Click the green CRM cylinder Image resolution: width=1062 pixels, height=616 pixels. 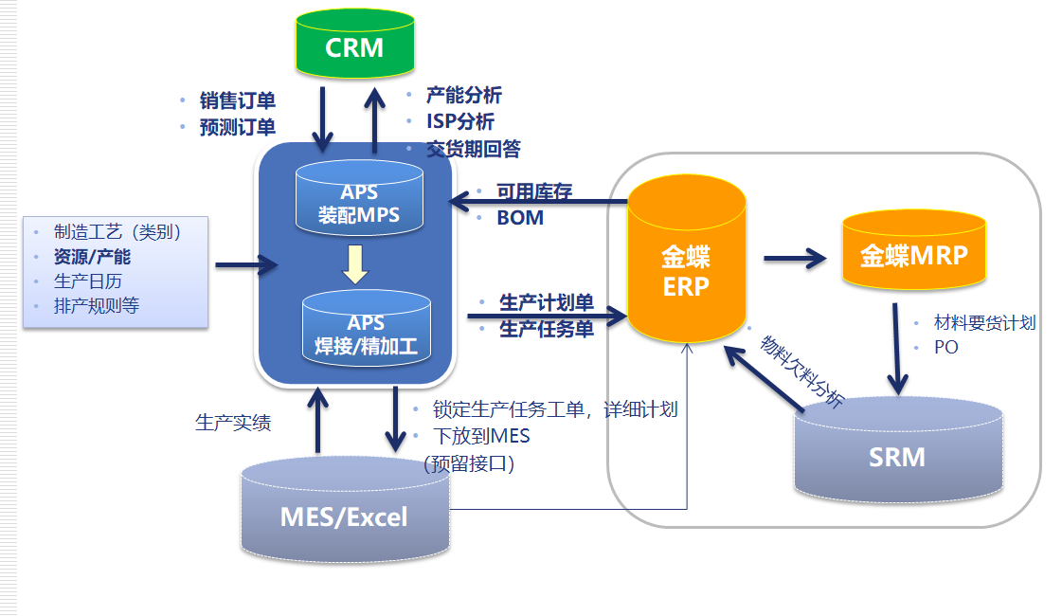click(x=354, y=45)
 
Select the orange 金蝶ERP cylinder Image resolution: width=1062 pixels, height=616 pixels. click(x=686, y=261)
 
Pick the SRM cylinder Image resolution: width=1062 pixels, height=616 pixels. click(x=897, y=453)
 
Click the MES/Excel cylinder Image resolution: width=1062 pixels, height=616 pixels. click(x=344, y=513)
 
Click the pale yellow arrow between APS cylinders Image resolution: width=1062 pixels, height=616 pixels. click(x=355, y=263)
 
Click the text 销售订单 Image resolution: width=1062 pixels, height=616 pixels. click(x=237, y=100)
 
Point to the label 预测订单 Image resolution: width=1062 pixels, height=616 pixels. click(x=237, y=126)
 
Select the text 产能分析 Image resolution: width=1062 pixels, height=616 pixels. click(x=463, y=95)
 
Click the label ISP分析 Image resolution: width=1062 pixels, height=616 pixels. click(x=460, y=121)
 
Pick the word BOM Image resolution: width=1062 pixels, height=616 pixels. click(x=520, y=218)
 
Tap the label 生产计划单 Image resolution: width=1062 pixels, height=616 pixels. click(x=546, y=303)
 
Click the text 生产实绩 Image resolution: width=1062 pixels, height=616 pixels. click(x=233, y=423)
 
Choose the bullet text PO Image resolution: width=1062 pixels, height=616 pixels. click(x=945, y=347)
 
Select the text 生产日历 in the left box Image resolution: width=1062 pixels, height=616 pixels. click(x=88, y=281)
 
